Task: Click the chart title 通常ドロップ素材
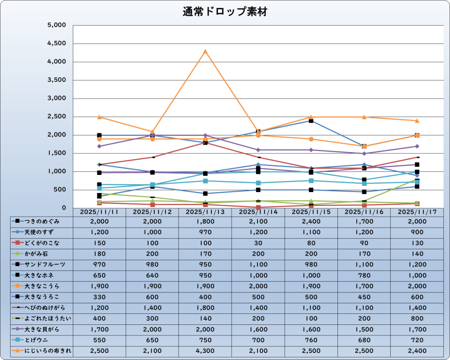click(225, 12)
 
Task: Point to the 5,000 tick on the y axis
click(56, 25)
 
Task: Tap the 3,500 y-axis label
click(56, 80)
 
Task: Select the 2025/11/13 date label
click(205, 212)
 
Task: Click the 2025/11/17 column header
click(417, 212)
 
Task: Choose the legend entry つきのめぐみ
click(43, 222)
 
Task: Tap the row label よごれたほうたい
click(46, 318)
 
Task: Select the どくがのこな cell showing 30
click(258, 243)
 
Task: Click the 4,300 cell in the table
click(205, 351)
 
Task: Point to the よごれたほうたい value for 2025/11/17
click(417, 318)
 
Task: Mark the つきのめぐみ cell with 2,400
click(311, 222)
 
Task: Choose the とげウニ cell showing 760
click(311, 340)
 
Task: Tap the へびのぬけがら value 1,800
click(205, 308)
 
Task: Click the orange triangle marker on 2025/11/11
click(99, 117)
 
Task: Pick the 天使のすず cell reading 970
click(205, 232)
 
